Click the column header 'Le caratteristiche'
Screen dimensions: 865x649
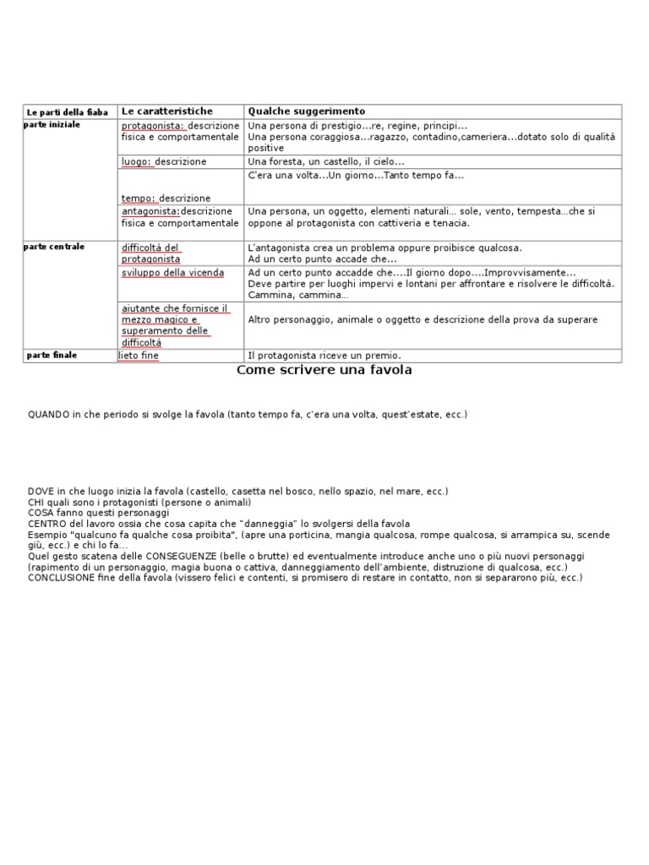point(167,112)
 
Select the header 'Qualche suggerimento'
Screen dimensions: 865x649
point(306,112)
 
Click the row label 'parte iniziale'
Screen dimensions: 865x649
point(53,124)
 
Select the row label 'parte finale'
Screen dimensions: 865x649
point(52,355)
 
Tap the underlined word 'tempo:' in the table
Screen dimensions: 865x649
point(139,198)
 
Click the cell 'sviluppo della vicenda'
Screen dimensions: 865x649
point(173,272)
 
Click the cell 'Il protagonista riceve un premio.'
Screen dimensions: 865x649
point(324,356)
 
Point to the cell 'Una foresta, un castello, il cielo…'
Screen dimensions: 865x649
point(326,161)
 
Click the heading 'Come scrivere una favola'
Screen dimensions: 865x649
point(324,370)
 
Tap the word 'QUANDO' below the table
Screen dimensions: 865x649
point(49,414)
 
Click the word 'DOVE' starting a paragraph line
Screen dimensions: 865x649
point(41,491)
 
